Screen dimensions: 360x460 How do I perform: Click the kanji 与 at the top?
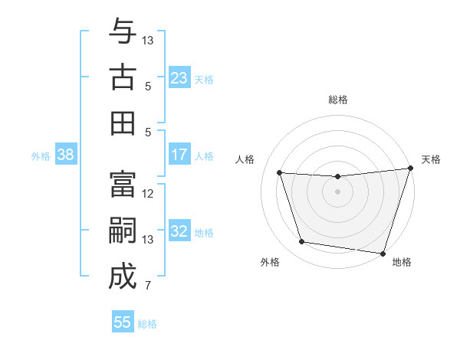click(122, 33)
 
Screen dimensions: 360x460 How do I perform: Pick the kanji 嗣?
click(122, 232)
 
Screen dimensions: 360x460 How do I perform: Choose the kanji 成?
click(122, 277)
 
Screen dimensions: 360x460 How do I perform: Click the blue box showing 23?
click(179, 78)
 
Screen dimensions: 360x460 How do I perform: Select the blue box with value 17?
click(179, 155)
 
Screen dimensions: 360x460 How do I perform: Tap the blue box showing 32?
click(179, 231)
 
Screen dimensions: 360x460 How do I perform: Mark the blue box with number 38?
click(65, 155)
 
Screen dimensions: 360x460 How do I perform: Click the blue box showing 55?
click(123, 322)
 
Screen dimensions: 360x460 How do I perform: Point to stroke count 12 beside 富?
click(148, 194)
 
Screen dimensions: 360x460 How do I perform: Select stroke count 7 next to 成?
click(148, 286)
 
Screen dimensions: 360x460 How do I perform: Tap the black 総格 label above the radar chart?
click(338, 100)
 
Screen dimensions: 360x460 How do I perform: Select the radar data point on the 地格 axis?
click(383, 253)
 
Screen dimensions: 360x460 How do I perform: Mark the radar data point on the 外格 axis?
click(302, 242)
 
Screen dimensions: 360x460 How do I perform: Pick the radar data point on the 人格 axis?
click(280, 173)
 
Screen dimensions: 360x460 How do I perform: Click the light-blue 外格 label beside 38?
click(41, 155)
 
